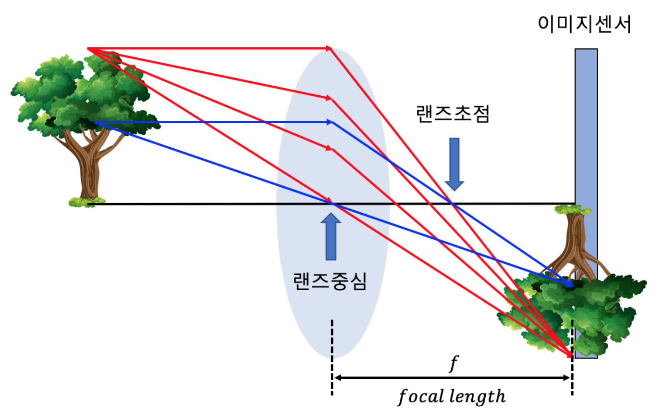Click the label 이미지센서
click(x=583, y=24)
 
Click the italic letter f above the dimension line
click(x=451, y=364)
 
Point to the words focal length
click(x=452, y=397)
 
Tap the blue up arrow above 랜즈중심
click(x=331, y=236)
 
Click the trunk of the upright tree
click(x=89, y=164)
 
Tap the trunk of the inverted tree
click(x=574, y=241)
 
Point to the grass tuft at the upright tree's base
click(x=86, y=201)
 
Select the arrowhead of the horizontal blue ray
click(x=330, y=122)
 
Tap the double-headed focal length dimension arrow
click(x=452, y=378)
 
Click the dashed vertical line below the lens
click(x=331, y=356)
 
